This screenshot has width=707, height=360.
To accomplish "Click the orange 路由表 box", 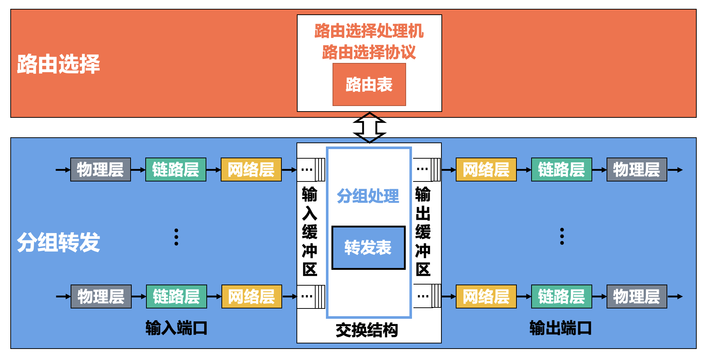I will click(x=369, y=85).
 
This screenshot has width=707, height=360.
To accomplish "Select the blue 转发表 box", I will click(x=368, y=248).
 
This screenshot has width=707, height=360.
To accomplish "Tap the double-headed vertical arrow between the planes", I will click(x=369, y=127).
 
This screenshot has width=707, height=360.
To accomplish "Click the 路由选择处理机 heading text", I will click(x=369, y=31).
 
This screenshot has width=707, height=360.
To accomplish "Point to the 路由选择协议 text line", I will click(x=369, y=52).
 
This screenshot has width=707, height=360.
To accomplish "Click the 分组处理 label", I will click(x=368, y=196).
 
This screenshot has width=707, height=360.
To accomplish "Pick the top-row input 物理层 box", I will click(x=100, y=170).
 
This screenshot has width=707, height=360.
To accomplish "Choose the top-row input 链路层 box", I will click(x=176, y=170).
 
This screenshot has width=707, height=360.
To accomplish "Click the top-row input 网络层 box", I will click(x=251, y=170).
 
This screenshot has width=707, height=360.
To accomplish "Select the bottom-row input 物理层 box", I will click(x=101, y=296).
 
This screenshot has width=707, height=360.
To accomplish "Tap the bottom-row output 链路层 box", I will click(x=561, y=296).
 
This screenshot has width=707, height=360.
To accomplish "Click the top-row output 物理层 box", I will click(x=637, y=170).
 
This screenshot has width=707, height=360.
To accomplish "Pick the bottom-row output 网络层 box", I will click(x=486, y=296).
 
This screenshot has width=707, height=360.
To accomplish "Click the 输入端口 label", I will click(x=176, y=328).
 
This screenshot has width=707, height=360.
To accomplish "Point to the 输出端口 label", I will click(x=560, y=328).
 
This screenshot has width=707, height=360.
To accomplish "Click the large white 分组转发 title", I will click(x=58, y=242).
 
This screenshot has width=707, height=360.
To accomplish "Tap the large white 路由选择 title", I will click(x=58, y=64).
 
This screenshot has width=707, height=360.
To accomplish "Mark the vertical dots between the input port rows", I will click(x=176, y=237).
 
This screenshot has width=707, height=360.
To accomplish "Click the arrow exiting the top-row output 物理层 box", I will click(x=675, y=170).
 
